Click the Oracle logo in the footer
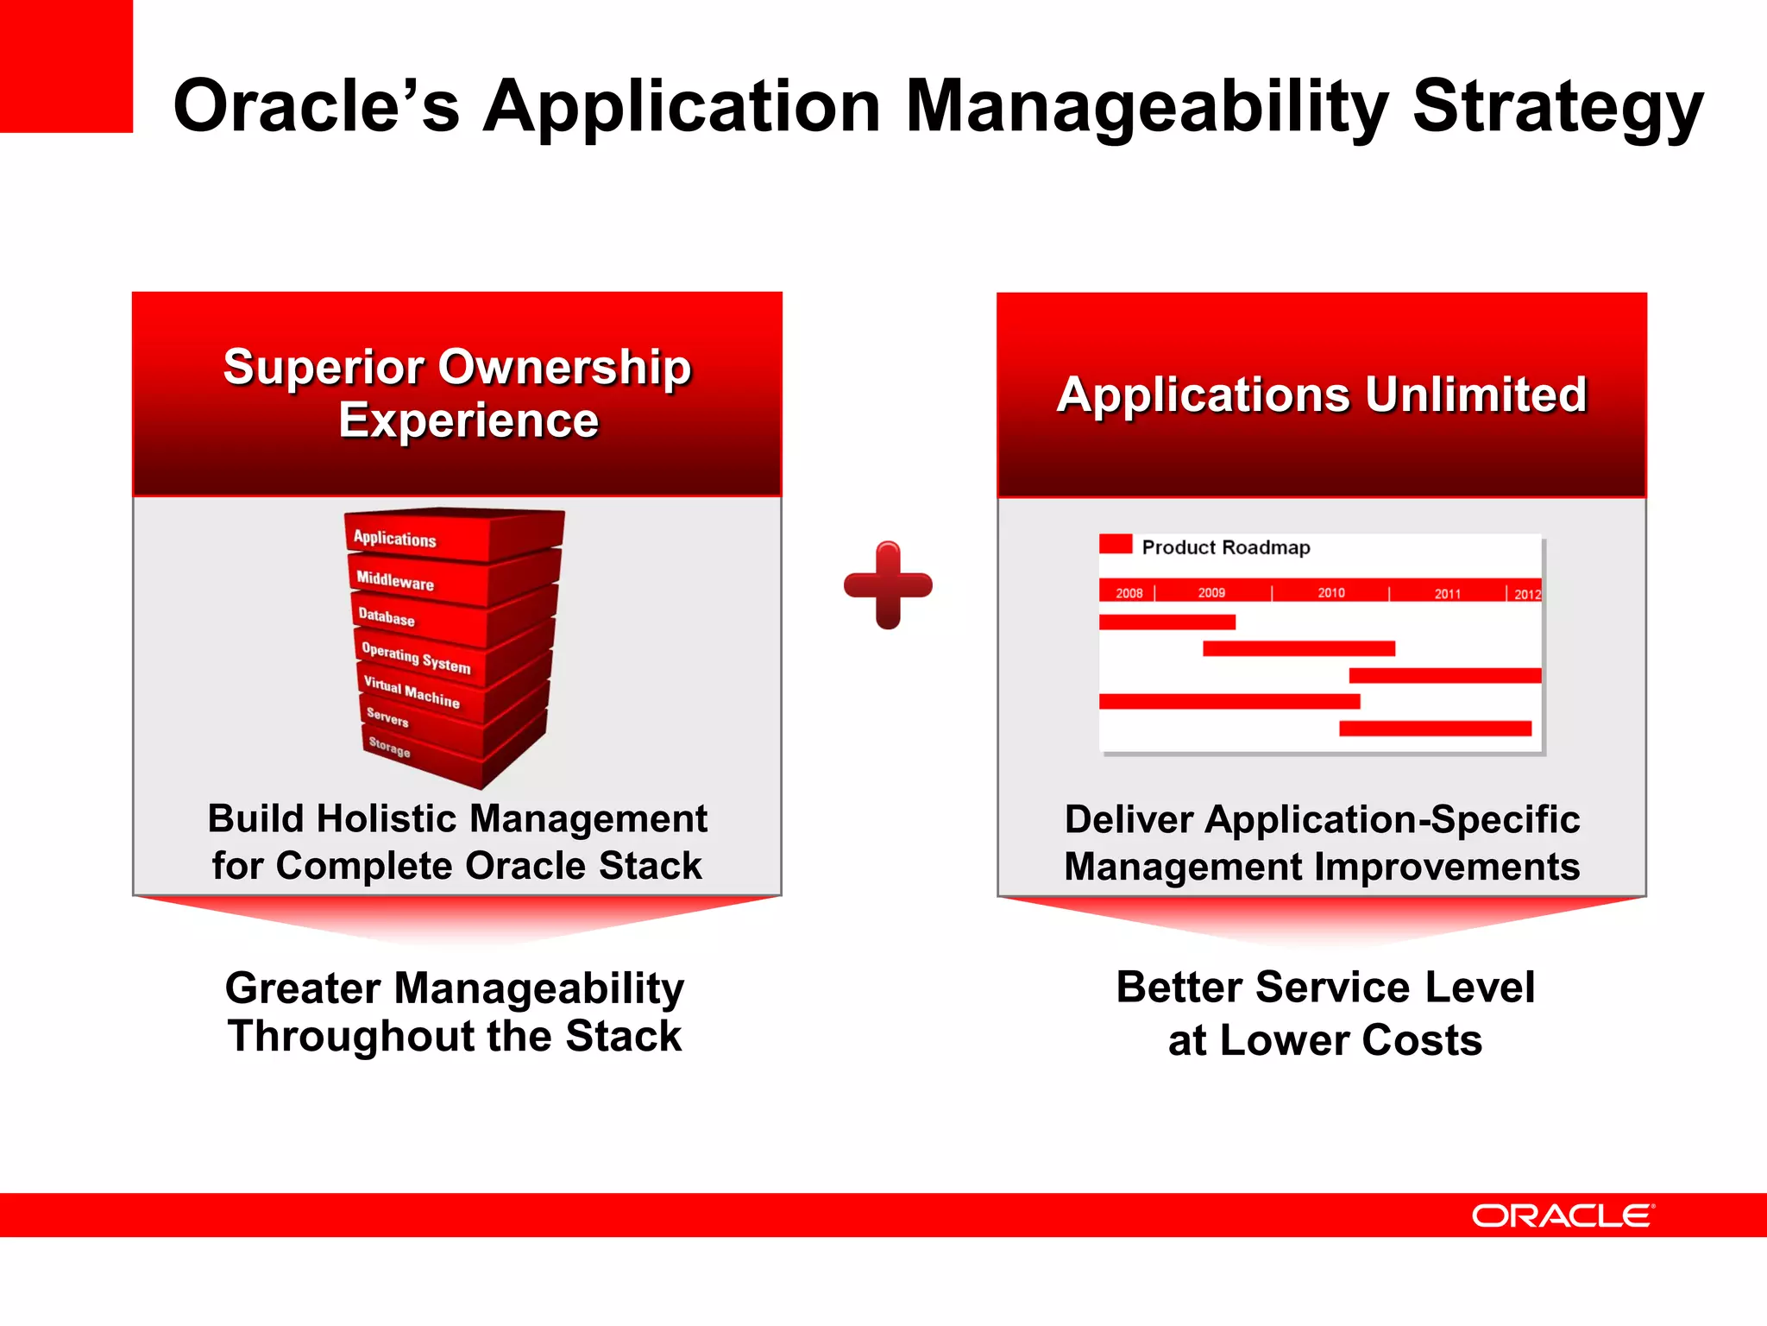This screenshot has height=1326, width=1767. pos(1563,1215)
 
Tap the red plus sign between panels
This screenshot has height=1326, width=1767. pos(888,585)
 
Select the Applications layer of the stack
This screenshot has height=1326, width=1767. pos(395,539)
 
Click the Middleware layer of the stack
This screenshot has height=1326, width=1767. pos(395,581)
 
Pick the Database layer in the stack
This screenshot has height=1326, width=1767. pos(387,617)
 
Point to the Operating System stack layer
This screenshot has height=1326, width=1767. pos(416,658)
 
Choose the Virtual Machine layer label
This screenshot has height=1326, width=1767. pos(411,692)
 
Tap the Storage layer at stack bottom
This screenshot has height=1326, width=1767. pos(389,747)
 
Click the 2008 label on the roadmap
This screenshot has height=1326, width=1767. pos(1129,593)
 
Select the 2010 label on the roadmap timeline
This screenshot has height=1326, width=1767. pos(1330,593)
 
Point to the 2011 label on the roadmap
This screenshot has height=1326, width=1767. pos(1447,594)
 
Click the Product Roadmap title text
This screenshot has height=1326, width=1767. pos(1225,547)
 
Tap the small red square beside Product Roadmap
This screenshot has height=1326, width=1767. pos(1115,544)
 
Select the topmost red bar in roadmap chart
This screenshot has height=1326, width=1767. pos(1166,622)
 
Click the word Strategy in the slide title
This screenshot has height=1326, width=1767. pos(1557,106)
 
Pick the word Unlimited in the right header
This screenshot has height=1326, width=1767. pos(1475,395)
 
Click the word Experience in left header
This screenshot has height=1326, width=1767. pos(468,420)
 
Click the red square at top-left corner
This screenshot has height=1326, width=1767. pos(66,66)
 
